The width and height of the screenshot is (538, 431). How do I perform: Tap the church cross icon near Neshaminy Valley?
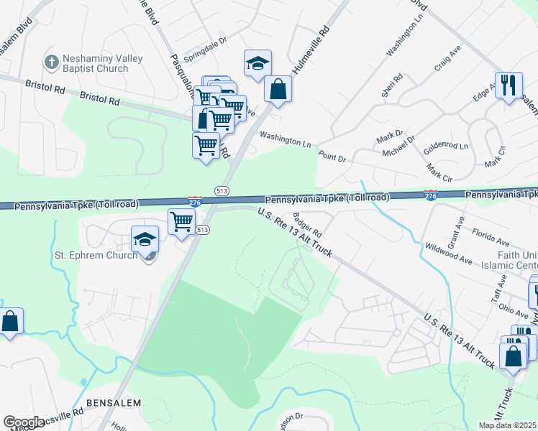(51, 62)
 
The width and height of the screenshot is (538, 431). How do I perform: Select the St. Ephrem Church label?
(96, 255)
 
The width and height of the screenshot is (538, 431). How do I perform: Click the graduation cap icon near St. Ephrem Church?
(145, 238)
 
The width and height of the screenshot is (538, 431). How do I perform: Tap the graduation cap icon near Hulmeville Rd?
(257, 63)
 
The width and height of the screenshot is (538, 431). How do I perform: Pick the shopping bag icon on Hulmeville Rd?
(278, 89)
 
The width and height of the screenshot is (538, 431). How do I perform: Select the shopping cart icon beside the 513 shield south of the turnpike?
(181, 221)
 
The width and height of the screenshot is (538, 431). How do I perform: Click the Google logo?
(24, 422)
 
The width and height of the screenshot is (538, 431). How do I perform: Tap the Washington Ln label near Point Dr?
(286, 139)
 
